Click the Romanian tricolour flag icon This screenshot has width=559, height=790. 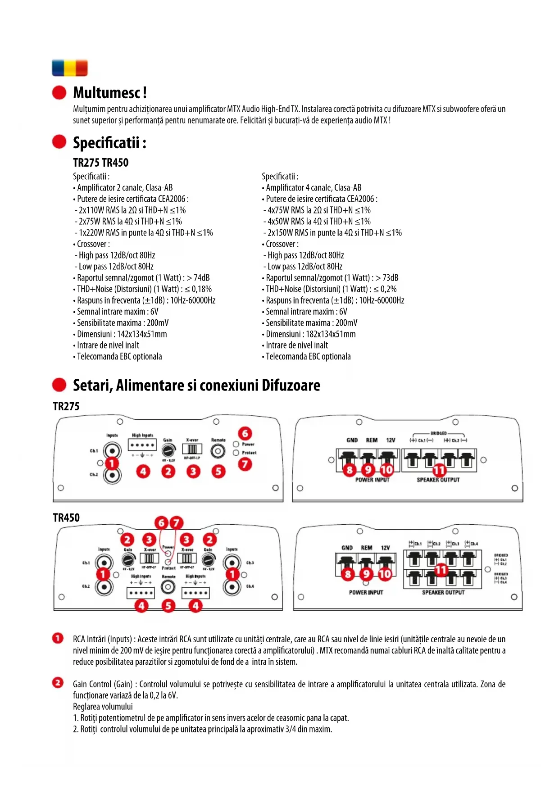70,68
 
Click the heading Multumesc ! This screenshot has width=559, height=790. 110,93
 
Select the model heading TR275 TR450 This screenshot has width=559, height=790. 100,163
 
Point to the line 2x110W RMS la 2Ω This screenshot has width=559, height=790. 131,210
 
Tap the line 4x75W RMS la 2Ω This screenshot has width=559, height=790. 318,210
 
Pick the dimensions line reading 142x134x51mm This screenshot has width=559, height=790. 120,334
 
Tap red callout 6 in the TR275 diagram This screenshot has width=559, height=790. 245,433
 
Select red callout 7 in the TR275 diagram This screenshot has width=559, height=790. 245,464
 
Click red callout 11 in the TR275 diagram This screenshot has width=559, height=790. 439,470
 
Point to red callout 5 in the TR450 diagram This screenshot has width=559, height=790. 168,606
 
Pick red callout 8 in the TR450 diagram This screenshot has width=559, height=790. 348,574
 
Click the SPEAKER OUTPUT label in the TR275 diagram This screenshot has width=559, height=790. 438,480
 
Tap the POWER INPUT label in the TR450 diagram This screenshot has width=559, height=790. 366,593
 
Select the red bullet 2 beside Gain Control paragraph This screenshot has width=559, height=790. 58,683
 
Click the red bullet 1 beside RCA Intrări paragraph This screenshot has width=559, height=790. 58,638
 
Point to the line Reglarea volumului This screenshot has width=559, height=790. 103,707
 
